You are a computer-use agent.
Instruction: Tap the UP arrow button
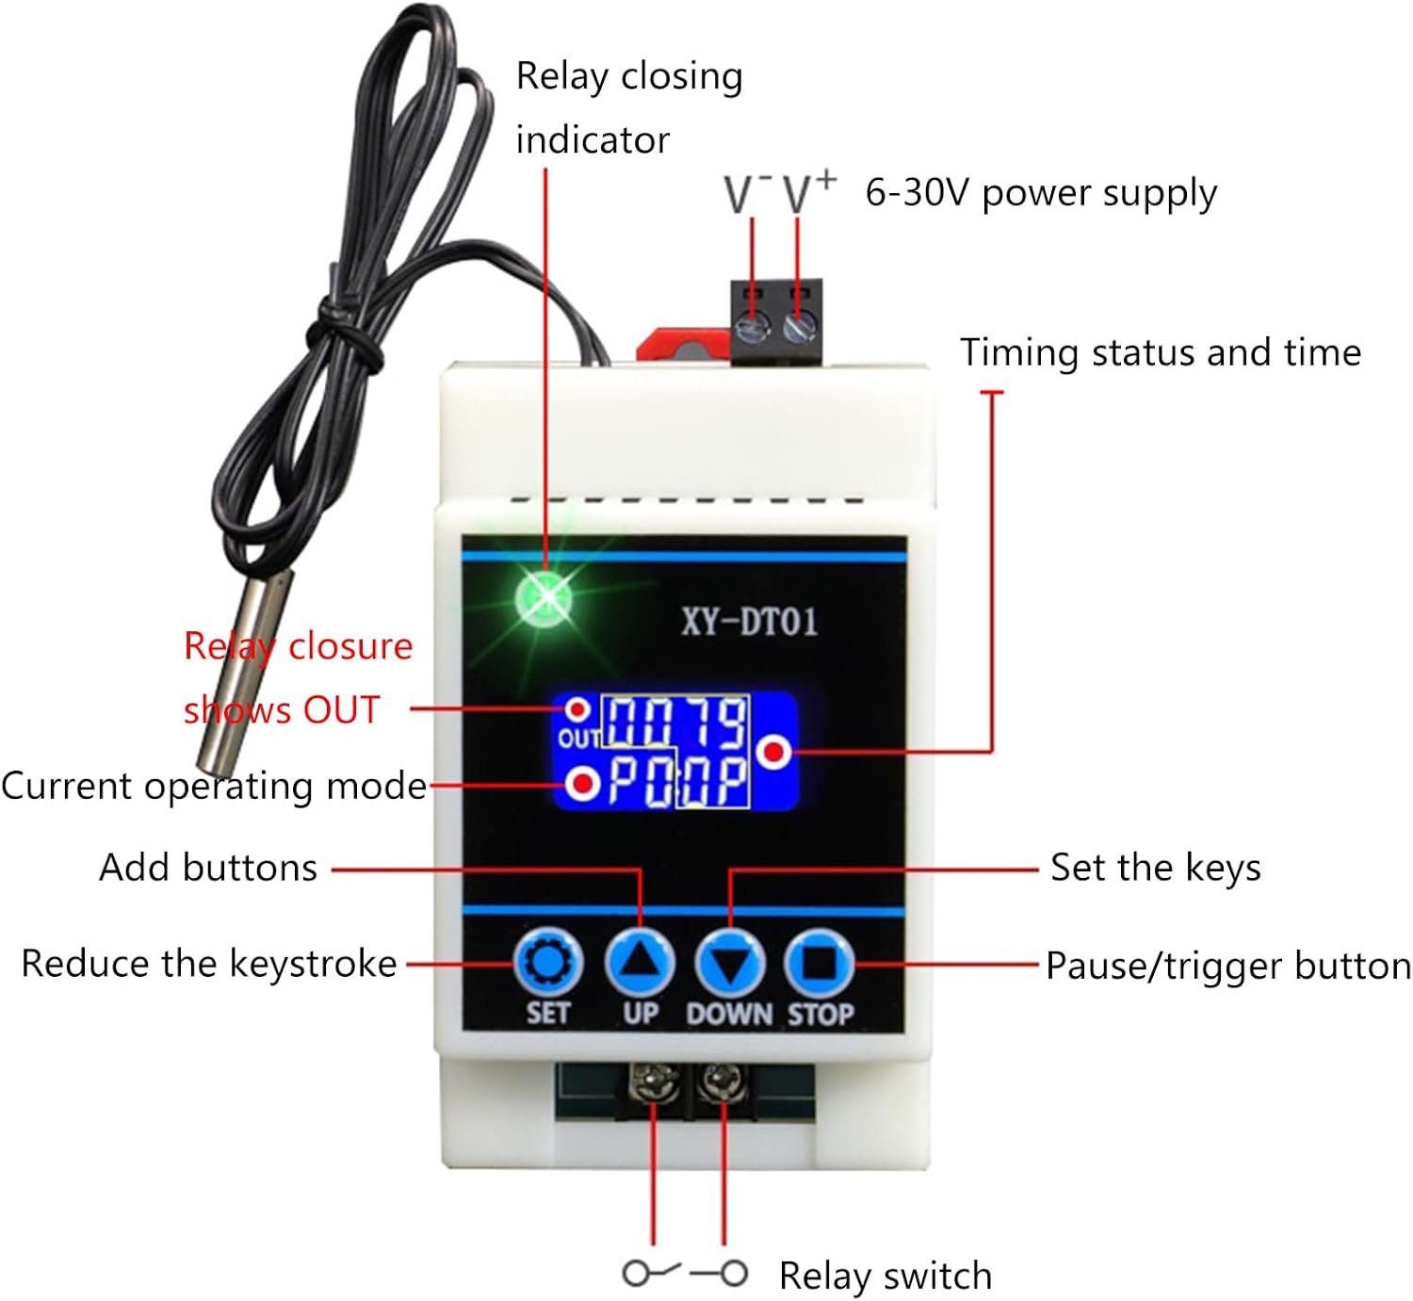click(x=640, y=964)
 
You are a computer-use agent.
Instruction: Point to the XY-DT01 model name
click(x=750, y=622)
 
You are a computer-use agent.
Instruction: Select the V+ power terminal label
click(x=809, y=191)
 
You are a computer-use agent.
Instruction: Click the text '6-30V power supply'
click(x=1041, y=193)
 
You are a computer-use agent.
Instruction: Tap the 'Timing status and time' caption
click(x=1161, y=352)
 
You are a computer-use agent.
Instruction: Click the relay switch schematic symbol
click(x=686, y=1274)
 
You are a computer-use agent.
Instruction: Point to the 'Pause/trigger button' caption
click(x=1228, y=966)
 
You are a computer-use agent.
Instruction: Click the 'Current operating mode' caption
click(x=214, y=786)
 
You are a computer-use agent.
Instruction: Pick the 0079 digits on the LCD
click(x=675, y=724)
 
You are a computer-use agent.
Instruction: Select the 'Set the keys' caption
click(x=1155, y=867)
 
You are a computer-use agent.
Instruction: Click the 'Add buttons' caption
click(x=208, y=868)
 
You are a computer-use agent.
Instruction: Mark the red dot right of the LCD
click(x=775, y=752)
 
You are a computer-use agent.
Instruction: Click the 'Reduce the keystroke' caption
click(x=209, y=964)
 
